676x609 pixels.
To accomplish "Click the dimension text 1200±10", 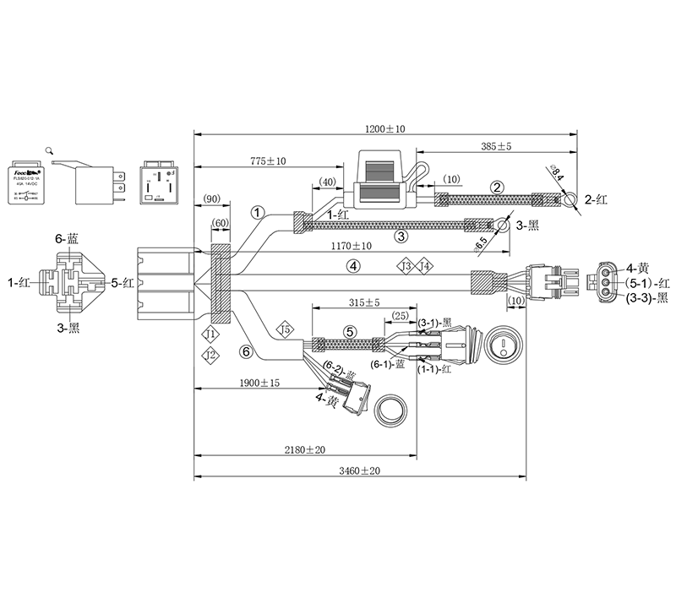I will tap(385, 129).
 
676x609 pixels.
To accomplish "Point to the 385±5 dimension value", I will tap(496, 146).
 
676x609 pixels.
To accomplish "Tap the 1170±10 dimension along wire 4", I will tap(352, 246).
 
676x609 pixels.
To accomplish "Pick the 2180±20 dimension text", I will tap(306, 449).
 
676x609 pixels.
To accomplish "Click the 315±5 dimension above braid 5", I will tap(364, 302).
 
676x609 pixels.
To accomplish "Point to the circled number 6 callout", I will tap(246, 351).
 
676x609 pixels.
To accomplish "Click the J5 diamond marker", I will tap(285, 329).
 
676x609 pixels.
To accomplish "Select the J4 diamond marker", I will tap(427, 266).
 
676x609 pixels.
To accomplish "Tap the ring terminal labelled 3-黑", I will tap(504, 226).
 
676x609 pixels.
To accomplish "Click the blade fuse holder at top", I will tap(384, 181).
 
